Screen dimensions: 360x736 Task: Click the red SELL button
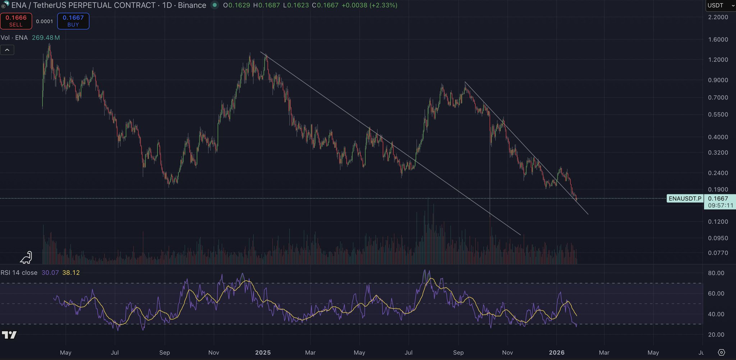click(16, 21)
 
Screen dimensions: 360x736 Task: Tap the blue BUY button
click(73, 21)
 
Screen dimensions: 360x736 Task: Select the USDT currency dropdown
click(720, 5)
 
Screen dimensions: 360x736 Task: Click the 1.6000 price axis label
click(718, 40)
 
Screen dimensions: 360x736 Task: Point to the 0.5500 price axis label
click(718, 115)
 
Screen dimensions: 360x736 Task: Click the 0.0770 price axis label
click(718, 253)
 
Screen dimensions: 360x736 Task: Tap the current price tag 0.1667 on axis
click(718, 199)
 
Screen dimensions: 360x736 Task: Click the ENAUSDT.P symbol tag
click(685, 199)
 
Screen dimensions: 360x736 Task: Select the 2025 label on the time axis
click(263, 352)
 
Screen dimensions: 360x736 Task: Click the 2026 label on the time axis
click(557, 352)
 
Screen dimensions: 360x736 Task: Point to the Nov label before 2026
click(507, 352)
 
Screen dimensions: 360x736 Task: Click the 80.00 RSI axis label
click(716, 273)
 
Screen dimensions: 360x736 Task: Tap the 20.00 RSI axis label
click(716, 334)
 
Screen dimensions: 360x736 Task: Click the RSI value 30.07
click(50, 273)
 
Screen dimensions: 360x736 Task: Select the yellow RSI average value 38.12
click(71, 273)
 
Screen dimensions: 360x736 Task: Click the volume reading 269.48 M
click(46, 38)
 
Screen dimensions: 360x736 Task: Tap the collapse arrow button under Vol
click(7, 50)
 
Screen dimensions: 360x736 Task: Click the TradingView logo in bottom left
click(9, 335)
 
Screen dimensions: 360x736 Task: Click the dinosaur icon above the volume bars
click(27, 257)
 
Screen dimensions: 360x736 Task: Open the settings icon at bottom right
click(721, 352)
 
